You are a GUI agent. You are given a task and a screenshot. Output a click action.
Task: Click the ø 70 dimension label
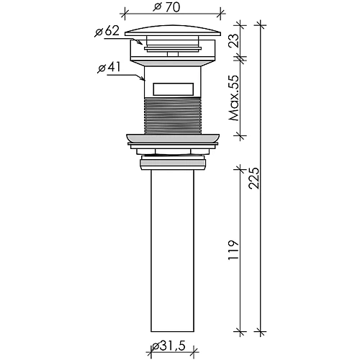[166, 7]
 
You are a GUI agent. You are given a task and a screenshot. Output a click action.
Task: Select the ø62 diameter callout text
[107, 31]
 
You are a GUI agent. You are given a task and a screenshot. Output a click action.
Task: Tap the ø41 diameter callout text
[109, 68]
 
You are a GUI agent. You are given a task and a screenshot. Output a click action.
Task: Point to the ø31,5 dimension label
[169, 346]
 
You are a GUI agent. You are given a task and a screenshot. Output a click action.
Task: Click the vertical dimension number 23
[235, 40]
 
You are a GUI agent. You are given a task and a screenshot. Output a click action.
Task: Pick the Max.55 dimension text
[234, 98]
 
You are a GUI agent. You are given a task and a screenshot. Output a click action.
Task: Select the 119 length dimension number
[234, 249]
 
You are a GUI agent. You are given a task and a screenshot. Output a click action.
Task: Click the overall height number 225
[254, 178]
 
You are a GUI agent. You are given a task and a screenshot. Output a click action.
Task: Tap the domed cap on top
[173, 30]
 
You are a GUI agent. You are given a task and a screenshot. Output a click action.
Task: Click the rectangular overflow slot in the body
[173, 89]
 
